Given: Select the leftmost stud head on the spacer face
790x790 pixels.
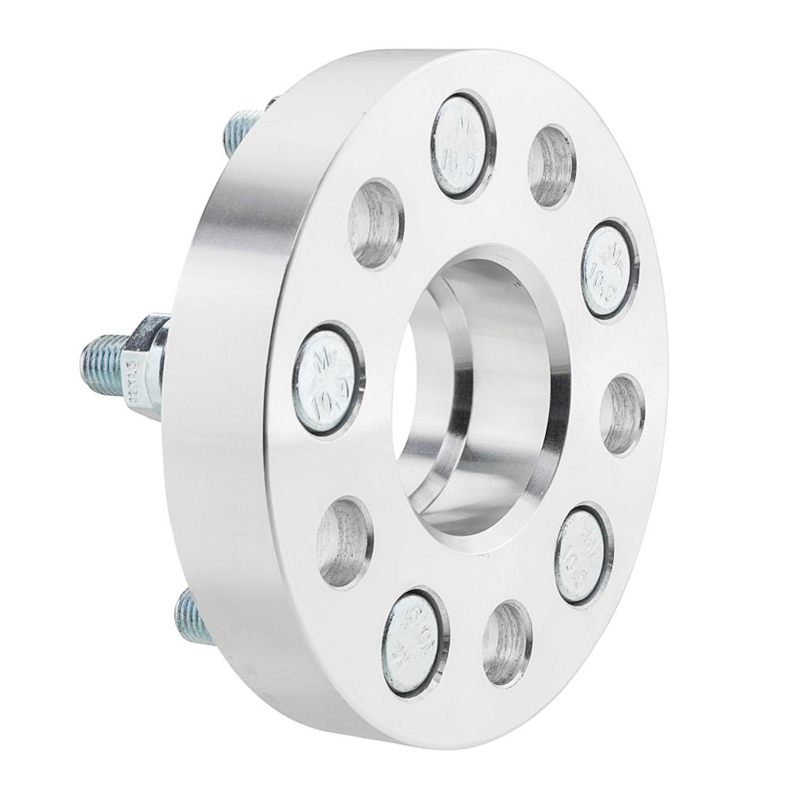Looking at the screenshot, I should tap(328, 378).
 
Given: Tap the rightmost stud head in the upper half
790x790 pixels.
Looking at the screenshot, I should tap(608, 269).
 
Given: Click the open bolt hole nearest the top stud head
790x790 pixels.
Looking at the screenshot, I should tap(551, 167).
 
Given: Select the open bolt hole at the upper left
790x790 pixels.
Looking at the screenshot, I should tap(376, 224).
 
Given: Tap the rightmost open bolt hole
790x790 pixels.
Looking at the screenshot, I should tap(622, 414).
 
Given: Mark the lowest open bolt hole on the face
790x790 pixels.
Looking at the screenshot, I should tap(506, 643).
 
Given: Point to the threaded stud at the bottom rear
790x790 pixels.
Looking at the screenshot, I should tap(193, 615).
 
